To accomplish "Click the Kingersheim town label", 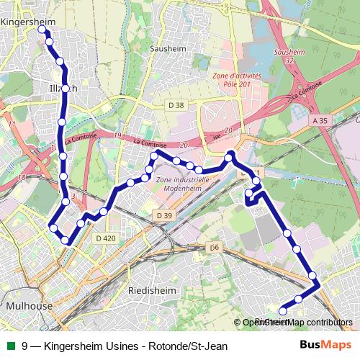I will click(x=29, y=22).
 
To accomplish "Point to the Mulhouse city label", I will click(x=29, y=305).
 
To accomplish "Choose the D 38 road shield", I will click(x=176, y=105).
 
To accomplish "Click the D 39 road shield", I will click(x=164, y=215).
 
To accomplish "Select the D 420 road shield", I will click(x=105, y=238).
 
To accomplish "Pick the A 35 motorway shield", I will click(x=320, y=121).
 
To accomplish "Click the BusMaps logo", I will click(x=330, y=345).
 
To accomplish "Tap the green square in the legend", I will click(x=10, y=346).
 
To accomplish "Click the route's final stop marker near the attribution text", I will click(x=282, y=311).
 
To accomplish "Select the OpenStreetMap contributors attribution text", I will click(x=297, y=323).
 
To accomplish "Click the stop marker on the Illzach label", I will click(x=65, y=89).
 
